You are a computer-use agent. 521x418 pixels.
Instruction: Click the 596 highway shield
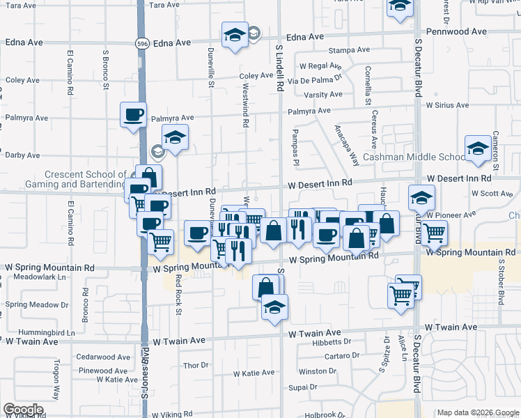(x=141, y=43)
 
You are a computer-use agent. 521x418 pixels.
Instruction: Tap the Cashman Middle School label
(x=414, y=157)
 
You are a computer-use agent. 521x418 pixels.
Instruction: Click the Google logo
(x=23, y=410)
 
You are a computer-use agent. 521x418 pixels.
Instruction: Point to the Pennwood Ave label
(x=456, y=32)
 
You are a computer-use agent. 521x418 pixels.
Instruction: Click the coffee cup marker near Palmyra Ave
(x=133, y=115)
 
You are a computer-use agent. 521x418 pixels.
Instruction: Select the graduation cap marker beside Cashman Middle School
(x=478, y=149)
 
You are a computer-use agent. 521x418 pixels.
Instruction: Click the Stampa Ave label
(x=343, y=51)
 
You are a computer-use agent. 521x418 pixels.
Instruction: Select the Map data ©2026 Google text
(x=477, y=412)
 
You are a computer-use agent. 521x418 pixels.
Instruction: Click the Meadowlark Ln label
(x=30, y=277)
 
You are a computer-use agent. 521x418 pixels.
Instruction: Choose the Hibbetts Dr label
(x=332, y=341)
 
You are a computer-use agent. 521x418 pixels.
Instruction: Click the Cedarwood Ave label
(x=103, y=357)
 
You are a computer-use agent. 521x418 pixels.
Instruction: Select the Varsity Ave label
(x=322, y=95)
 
